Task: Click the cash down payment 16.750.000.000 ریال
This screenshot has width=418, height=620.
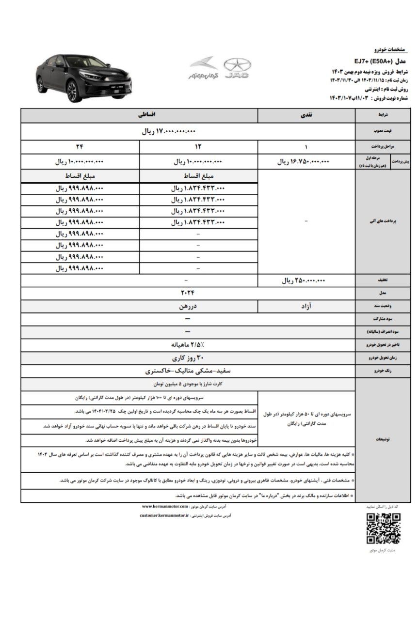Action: tap(304, 162)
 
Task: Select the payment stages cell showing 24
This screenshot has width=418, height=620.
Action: tap(80, 147)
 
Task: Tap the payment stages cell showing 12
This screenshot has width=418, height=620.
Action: tap(198, 147)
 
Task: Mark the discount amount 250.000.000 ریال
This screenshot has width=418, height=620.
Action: tap(304, 280)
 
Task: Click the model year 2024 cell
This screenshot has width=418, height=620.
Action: tap(188, 293)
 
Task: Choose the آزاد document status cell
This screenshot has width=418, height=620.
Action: tap(306, 307)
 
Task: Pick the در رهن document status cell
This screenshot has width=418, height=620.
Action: tap(188, 307)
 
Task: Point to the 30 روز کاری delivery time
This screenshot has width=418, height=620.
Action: tap(188, 359)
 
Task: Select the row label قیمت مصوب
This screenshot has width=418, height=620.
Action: tap(386, 131)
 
